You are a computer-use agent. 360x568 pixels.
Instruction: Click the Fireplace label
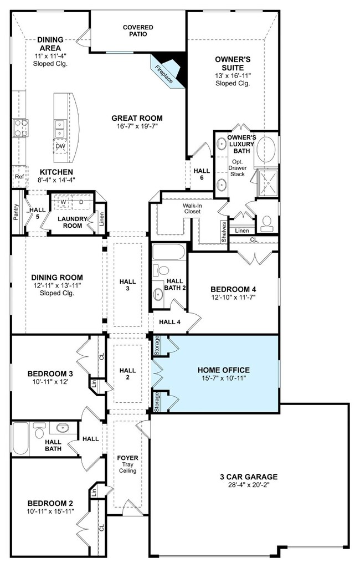[164, 74]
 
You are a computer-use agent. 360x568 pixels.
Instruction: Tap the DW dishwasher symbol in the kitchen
[60, 146]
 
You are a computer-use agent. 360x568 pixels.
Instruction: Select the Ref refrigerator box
[19, 176]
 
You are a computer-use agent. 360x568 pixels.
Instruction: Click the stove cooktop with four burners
[20, 128]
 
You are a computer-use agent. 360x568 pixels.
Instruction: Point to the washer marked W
[63, 202]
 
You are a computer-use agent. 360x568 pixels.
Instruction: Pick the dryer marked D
[81, 202]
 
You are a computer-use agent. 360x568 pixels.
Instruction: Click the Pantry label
[16, 212]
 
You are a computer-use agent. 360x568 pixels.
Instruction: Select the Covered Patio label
[138, 30]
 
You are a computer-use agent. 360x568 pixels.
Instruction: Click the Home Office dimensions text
[224, 378]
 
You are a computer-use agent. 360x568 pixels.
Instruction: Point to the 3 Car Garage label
[249, 477]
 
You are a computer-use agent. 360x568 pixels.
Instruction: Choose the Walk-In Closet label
[192, 208]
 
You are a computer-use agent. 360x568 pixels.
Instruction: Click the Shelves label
[224, 232]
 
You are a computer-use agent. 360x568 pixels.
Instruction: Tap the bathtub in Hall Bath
[20, 438]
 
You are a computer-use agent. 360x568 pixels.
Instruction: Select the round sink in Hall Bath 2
[158, 294]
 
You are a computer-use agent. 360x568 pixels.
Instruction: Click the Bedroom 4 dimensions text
[233, 297]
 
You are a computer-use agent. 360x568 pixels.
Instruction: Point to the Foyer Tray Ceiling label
[127, 464]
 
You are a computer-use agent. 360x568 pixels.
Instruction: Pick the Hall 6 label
[202, 174]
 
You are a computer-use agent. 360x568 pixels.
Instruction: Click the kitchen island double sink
[59, 129]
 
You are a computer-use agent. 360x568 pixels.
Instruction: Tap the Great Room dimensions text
[137, 126]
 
